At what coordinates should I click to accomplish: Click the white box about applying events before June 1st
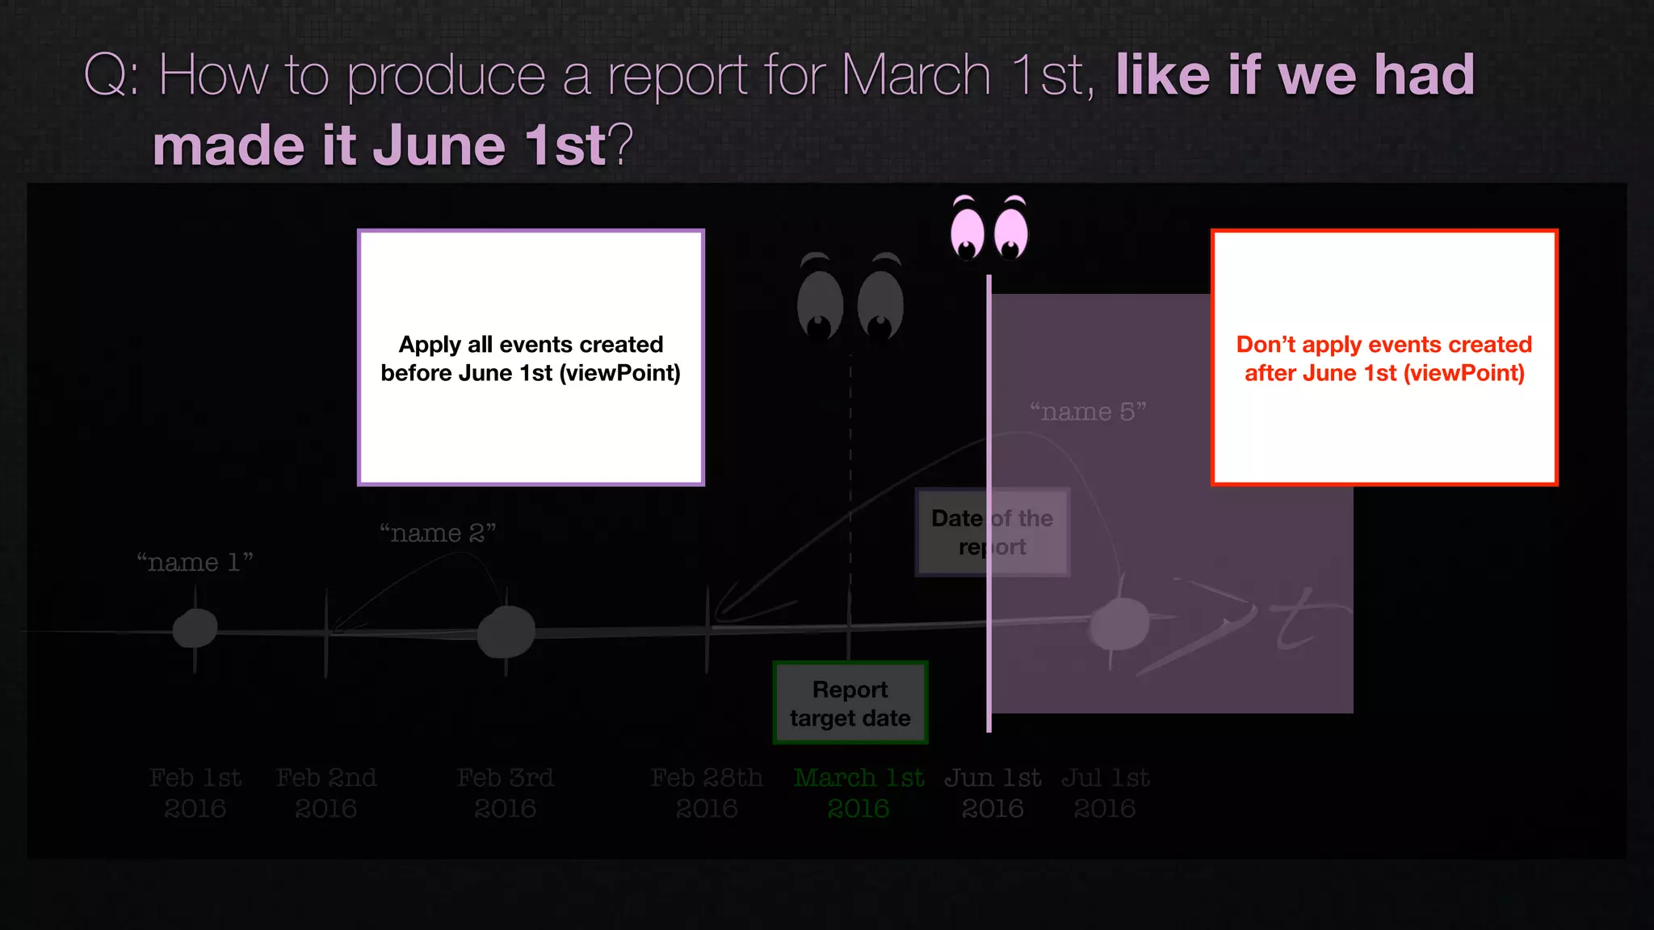click(x=531, y=358)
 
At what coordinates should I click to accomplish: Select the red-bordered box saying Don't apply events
click(x=1384, y=358)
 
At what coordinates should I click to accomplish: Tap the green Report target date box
click(x=850, y=703)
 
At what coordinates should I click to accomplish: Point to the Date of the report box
click(x=992, y=532)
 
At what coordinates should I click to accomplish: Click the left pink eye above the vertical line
click(x=968, y=232)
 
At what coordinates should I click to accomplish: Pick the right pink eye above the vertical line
click(x=1010, y=232)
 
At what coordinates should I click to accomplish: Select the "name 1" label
click(x=195, y=562)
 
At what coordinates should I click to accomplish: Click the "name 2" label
click(x=438, y=533)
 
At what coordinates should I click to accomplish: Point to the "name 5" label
click(x=1088, y=412)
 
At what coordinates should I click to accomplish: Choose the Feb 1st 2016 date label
click(x=195, y=793)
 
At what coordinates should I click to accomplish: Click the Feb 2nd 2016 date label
click(x=326, y=793)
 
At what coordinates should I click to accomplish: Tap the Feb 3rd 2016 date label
click(x=506, y=793)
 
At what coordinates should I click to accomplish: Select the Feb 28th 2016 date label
click(x=707, y=793)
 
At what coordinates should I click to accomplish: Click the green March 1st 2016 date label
click(x=858, y=793)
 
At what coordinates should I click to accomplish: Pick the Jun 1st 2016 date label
click(x=993, y=793)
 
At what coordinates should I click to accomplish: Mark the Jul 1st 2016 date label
click(x=1105, y=793)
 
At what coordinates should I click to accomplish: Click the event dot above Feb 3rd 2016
click(x=506, y=632)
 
